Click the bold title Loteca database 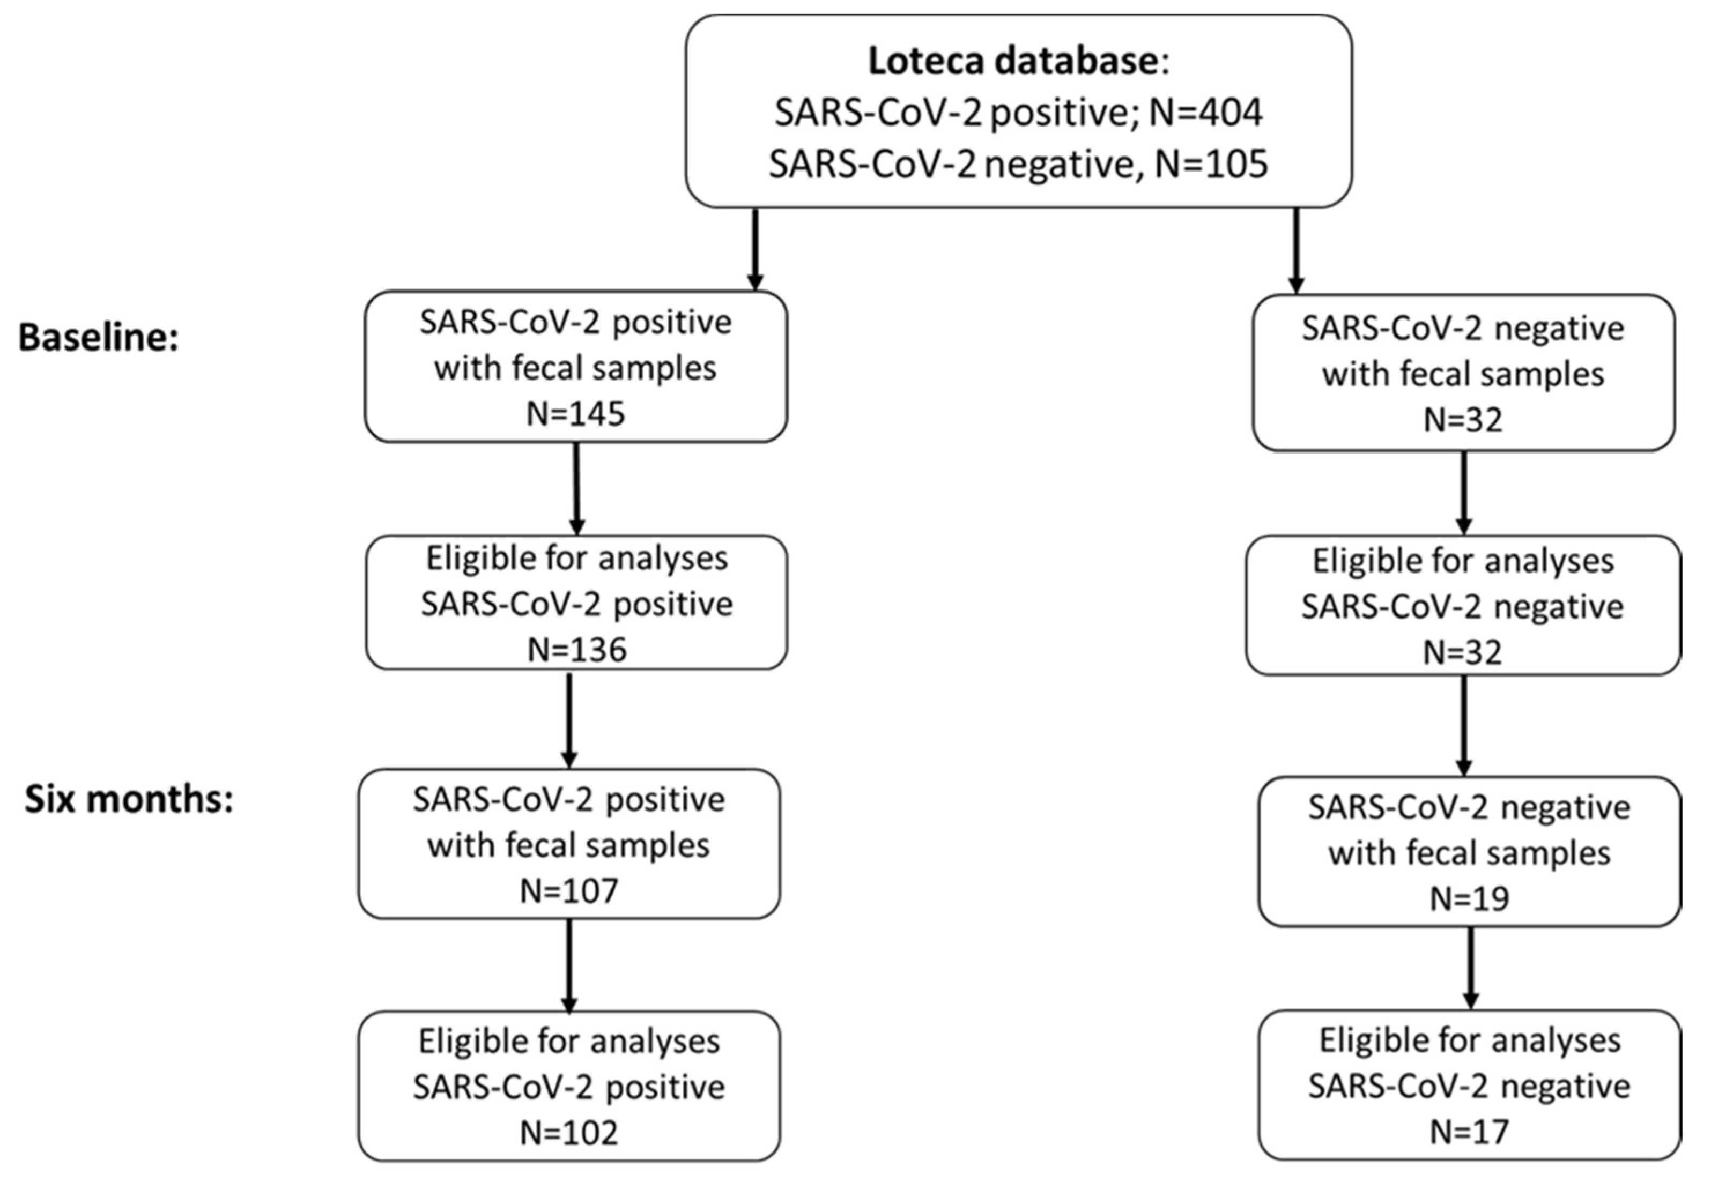tap(1013, 61)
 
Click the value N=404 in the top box tap(1206, 113)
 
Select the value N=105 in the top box tap(1212, 163)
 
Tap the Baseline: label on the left tap(99, 338)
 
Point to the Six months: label tap(129, 800)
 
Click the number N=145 tap(575, 414)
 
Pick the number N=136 tap(577, 650)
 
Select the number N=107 tap(569, 891)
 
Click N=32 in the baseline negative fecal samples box tap(1463, 420)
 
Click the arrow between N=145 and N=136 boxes tap(576, 489)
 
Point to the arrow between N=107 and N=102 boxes tap(569, 965)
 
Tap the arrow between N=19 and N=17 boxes tap(1470, 968)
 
